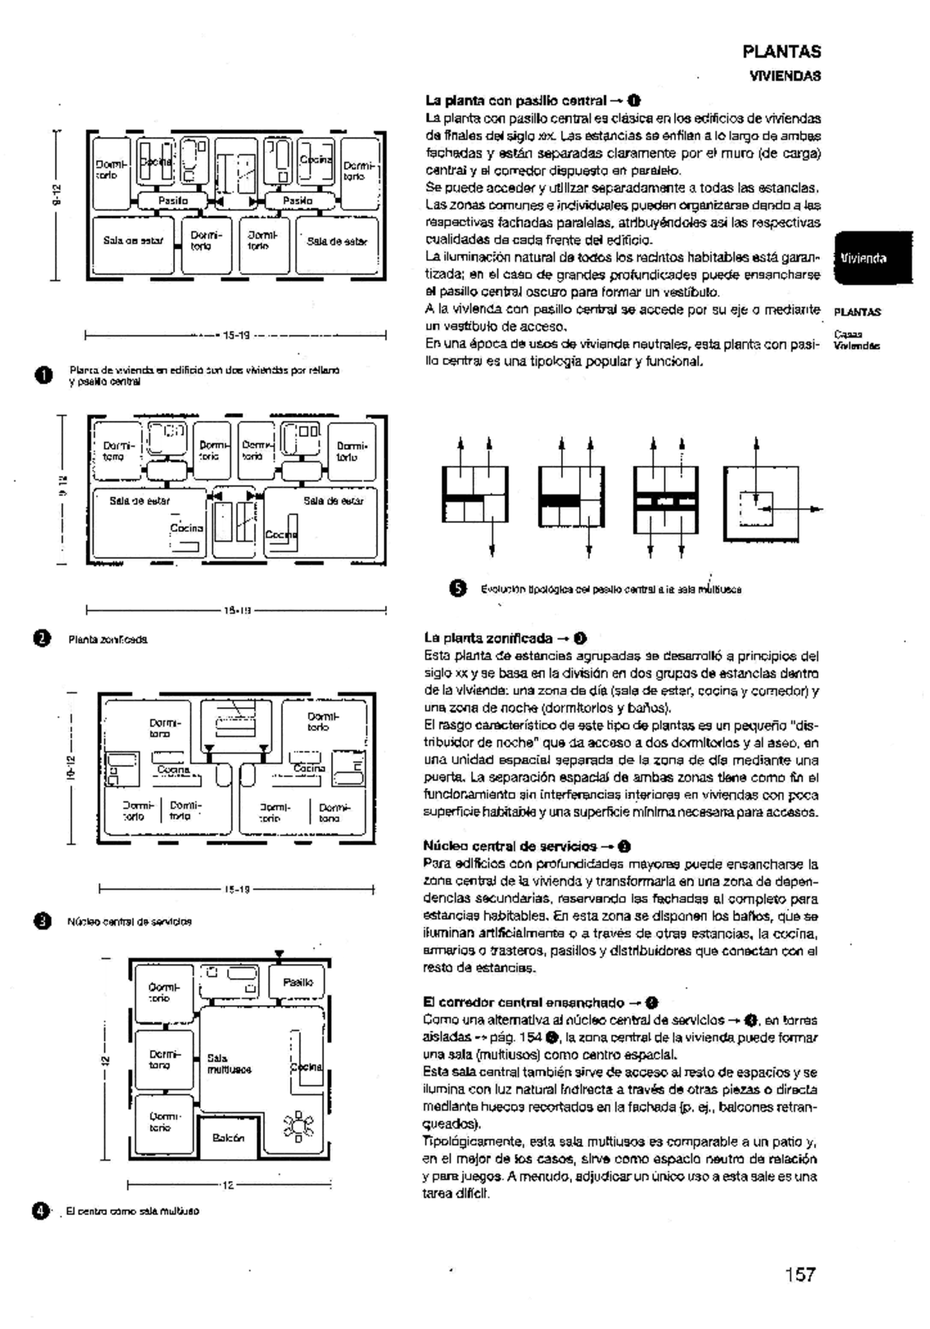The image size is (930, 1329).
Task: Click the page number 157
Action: click(800, 1274)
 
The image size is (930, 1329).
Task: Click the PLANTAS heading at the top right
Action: click(781, 52)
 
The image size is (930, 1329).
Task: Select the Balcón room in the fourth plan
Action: click(228, 1138)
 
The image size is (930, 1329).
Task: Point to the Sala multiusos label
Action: click(229, 1063)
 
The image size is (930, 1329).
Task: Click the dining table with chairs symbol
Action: click(298, 1125)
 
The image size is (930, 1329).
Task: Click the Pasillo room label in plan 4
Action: click(298, 982)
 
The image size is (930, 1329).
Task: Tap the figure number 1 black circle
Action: click(42, 375)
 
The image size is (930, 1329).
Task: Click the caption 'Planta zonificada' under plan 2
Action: click(108, 639)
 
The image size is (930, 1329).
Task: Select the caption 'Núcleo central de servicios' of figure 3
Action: click(129, 921)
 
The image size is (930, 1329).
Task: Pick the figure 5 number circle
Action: click(458, 588)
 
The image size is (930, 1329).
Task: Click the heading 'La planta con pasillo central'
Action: click(515, 101)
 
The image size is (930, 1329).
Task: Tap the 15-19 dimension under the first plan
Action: click(236, 336)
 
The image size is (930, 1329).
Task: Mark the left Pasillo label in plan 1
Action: click(173, 201)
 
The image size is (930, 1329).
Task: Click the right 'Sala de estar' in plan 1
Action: click(336, 241)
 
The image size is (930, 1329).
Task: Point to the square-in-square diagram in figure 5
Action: click(761, 504)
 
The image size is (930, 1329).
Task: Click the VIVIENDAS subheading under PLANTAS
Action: click(784, 76)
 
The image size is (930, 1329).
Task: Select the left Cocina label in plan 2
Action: click(186, 528)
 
